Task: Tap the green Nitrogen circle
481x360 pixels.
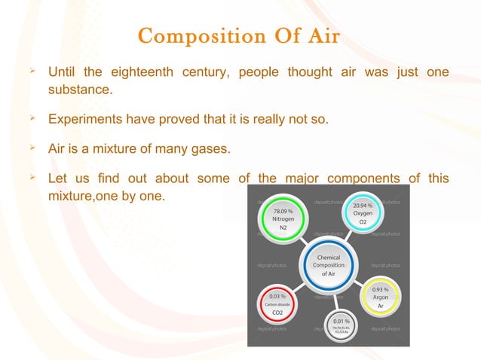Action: click(283, 219)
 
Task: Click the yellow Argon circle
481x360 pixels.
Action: click(381, 297)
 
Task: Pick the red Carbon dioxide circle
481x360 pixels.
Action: click(277, 304)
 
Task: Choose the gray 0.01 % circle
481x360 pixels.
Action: click(340, 328)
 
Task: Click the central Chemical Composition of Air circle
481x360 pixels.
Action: click(329, 266)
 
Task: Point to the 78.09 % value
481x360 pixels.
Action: click(283, 212)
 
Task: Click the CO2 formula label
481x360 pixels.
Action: click(277, 312)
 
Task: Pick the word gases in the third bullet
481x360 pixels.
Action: click(209, 148)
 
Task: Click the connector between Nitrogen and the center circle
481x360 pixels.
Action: click(302, 240)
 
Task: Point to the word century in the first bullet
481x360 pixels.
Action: click(205, 73)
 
